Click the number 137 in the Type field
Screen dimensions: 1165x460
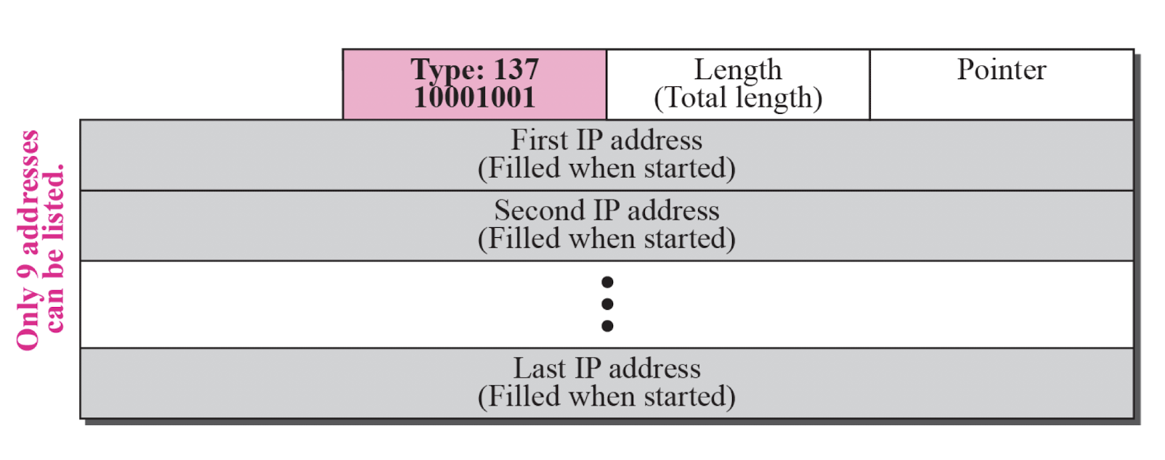516,70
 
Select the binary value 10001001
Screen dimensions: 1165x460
474,97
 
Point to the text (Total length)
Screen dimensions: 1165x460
738,99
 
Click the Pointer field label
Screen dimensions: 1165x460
1002,70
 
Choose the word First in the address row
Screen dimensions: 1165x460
540,140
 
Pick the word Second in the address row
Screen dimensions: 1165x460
540,210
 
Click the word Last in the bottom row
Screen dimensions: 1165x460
539,369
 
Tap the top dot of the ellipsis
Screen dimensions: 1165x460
607,282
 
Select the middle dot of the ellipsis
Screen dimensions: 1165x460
607,304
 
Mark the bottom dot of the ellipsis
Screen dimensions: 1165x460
607,326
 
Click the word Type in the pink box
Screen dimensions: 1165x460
448,70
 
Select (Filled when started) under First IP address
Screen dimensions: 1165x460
606,168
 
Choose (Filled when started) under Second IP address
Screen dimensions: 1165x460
606,239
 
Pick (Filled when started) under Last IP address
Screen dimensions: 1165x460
606,397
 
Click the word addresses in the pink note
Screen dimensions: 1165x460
30,192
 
